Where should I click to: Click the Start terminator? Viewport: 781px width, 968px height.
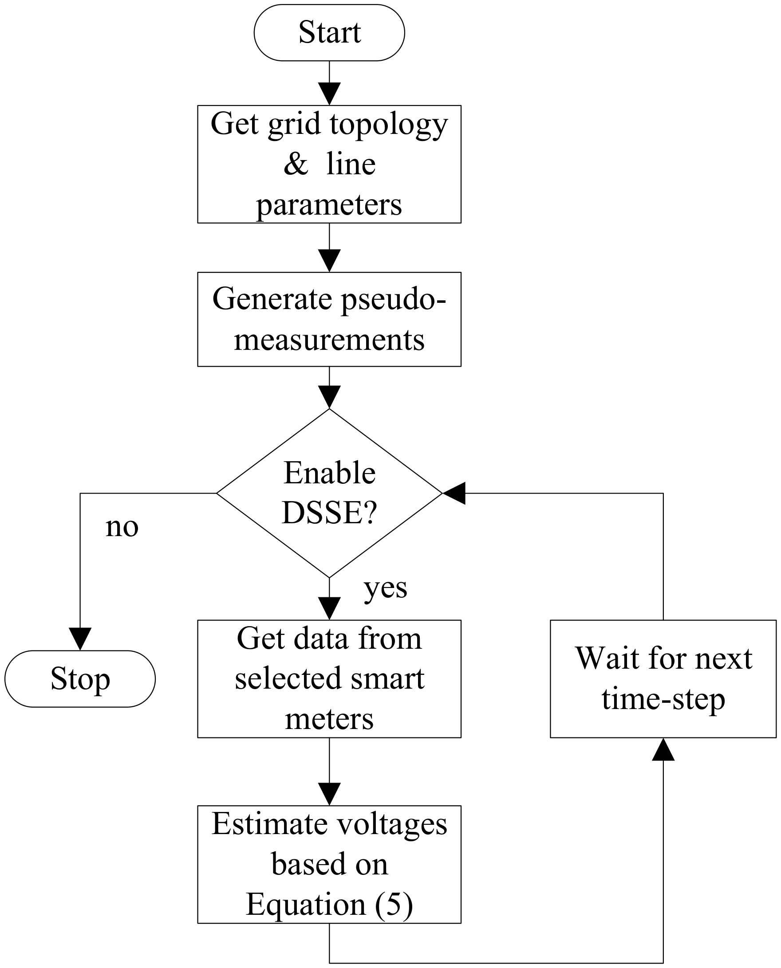[329, 32]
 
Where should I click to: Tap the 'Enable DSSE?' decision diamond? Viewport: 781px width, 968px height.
[329, 493]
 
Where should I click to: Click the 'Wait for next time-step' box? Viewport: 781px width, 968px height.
[663, 678]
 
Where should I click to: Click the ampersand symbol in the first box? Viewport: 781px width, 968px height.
[296, 164]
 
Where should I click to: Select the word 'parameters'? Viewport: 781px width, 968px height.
[329, 204]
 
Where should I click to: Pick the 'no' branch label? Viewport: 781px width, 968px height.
[122, 526]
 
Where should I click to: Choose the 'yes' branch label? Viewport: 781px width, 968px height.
[386, 588]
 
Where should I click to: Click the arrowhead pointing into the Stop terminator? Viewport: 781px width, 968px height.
[80, 639]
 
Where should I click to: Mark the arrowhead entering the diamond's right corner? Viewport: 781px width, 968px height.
[454, 493]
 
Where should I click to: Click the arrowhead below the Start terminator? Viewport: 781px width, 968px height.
[329, 94]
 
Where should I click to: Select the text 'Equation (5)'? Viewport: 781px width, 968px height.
[329, 904]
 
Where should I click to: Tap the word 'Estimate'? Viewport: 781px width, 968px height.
[270, 824]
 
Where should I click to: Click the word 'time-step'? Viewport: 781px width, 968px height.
[663, 699]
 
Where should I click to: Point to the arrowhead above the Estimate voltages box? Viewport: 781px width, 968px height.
[329, 794]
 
